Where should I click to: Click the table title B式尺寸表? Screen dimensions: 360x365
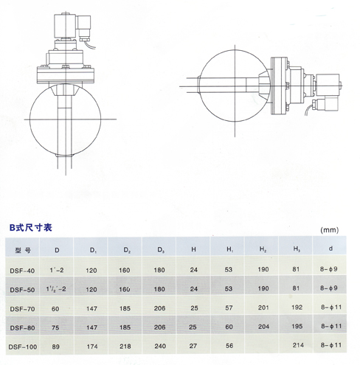point(31,228)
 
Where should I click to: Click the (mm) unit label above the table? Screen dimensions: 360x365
point(330,230)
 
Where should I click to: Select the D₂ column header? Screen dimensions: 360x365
point(127,250)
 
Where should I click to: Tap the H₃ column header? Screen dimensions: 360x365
point(297,249)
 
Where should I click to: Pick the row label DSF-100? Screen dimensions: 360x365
point(23,347)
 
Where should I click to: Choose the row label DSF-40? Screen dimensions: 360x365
point(22,271)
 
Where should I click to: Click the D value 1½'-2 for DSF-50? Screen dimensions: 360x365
point(56,289)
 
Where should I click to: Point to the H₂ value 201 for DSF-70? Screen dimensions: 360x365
point(263,307)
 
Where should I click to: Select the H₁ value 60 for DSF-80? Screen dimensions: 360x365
point(229,327)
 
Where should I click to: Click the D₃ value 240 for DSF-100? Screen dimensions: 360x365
point(160,346)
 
